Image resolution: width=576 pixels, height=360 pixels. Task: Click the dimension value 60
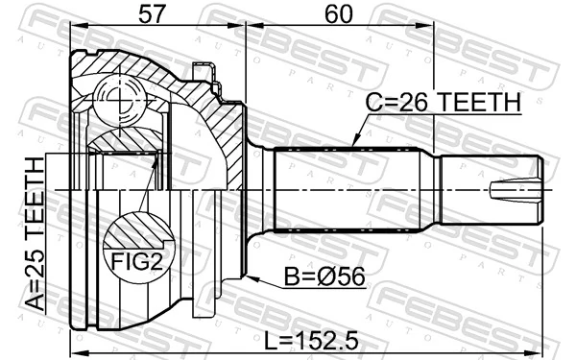[338, 13]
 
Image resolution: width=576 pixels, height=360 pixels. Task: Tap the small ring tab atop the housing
[203, 71]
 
